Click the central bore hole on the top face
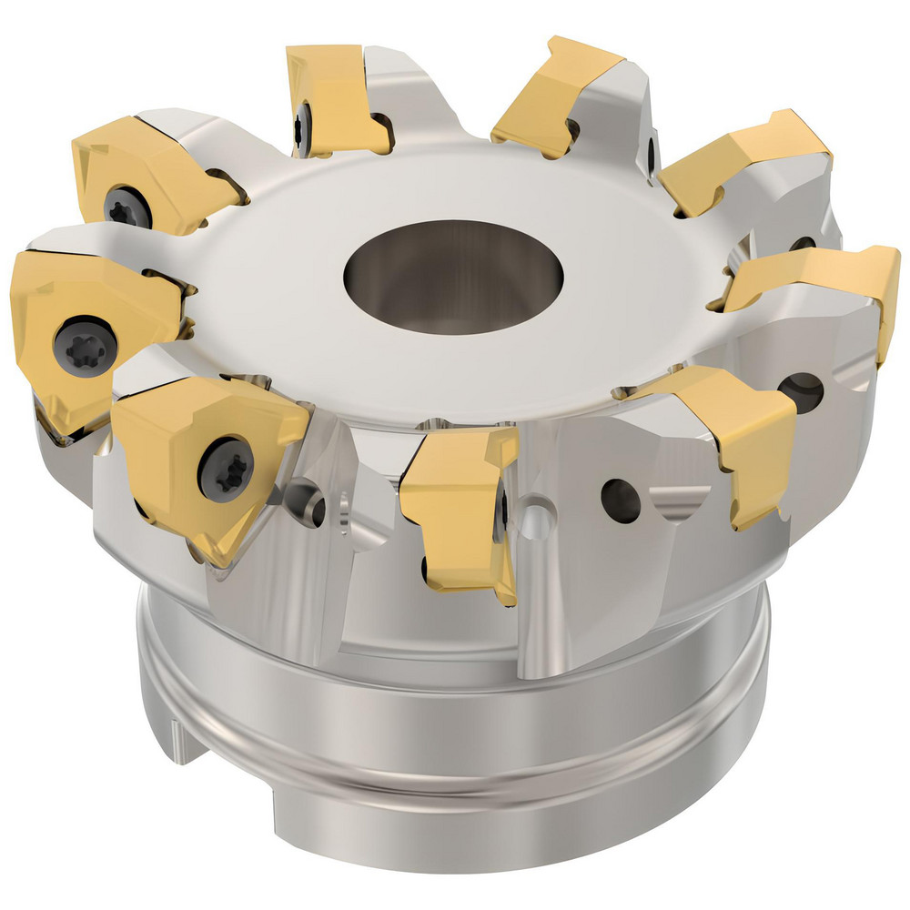pos(452,274)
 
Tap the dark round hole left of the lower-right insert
pos(621,498)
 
